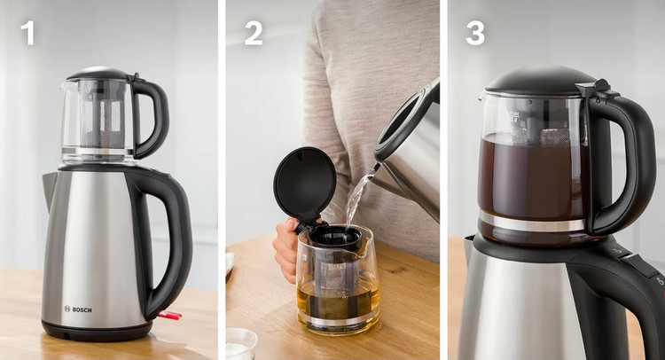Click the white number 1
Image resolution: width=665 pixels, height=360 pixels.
28,32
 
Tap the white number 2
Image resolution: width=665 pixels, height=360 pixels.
254,33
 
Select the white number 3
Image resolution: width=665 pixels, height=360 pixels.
475,33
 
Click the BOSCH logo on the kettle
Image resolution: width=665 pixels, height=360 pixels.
78,309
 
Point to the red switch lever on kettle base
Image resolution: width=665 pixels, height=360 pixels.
169,315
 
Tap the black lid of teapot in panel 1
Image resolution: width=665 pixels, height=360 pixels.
98,74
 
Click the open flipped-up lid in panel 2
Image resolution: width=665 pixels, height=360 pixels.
304,184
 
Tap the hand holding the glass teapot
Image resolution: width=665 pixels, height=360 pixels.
286,249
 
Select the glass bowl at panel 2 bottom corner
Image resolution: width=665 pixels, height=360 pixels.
241,344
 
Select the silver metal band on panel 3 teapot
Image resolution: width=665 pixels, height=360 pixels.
532,223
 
